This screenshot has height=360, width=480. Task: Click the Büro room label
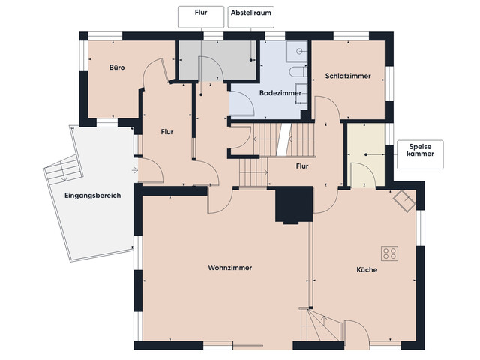tap(116, 67)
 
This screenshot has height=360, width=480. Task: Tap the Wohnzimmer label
tap(229, 268)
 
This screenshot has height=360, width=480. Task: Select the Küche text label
tap(367, 269)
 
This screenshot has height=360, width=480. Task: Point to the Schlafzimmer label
tap(348, 76)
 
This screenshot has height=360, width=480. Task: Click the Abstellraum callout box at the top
tap(252, 13)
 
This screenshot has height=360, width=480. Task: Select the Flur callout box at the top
tap(200, 13)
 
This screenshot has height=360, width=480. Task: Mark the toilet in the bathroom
tap(297, 72)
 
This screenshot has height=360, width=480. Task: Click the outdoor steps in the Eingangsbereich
tap(62, 173)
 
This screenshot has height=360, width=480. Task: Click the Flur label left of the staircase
tap(167, 132)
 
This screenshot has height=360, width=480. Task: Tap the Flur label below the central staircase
tap(302, 166)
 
